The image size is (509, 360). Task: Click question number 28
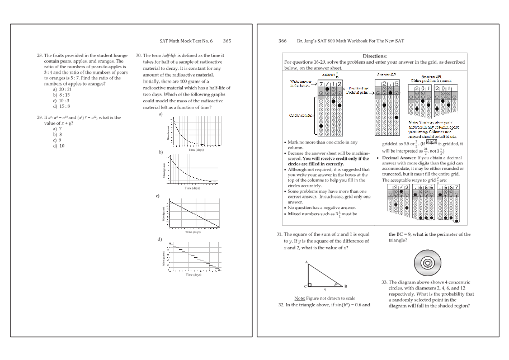[39, 56]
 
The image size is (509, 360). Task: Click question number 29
[39, 118]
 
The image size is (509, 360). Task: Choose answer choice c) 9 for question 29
[56, 140]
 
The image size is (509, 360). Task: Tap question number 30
[139, 56]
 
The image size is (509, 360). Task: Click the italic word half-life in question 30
[169, 56]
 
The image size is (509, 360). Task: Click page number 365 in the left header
[227, 41]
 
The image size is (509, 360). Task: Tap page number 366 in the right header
[282, 41]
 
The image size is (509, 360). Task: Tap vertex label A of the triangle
[307, 262]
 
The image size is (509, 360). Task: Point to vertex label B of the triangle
[346, 286]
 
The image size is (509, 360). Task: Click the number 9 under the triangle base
[325, 290]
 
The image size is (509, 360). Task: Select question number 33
[385, 283]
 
